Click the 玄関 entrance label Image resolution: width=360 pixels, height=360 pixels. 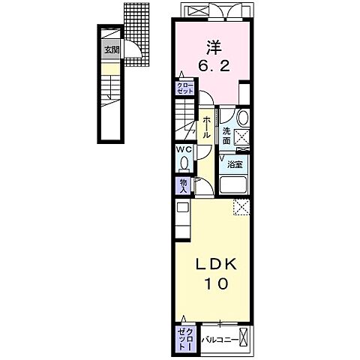pyautogui.click(x=112, y=50)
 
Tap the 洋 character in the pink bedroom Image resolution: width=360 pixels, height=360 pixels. pyautogui.click(x=214, y=47)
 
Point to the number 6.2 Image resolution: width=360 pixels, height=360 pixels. pyautogui.click(x=214, y=67)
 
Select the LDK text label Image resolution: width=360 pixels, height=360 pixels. pyautogui.click(x=216, y=265)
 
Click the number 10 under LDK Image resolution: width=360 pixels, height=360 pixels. pyautogui.click(x=217, y=283)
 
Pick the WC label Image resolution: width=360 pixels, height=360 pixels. pyautogui.click(x=184, y=150)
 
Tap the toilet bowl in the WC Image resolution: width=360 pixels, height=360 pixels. pyautogui.click(x=184, y=163)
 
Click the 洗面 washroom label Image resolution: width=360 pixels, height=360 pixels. pyautogui.click(x=226, y=136)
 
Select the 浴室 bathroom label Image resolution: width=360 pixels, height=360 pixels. pyautogui.click(x=235, y=164)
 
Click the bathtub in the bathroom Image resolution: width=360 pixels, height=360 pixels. pyautogui.click(x=233, y=185)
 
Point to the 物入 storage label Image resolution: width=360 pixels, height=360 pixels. pyautogui.click(x=184, y=185)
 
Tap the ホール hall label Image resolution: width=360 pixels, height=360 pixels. pyautogui.click(x=206, y=128)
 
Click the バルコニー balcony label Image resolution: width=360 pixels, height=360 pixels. pyautogui.click(x=220, y=340)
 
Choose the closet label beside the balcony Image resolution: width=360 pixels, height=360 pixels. pyautogui.click(x=185, y=339)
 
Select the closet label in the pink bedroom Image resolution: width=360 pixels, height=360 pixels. pyautogui.click(x=185, y=88)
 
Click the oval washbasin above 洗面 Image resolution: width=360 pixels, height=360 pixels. pyautogui.click(x=242, y=118)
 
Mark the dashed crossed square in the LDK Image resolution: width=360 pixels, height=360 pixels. pyautogui.click(x=241, y=207)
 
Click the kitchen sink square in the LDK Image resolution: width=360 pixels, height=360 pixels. pyautogui.click(x=183, y=207)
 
